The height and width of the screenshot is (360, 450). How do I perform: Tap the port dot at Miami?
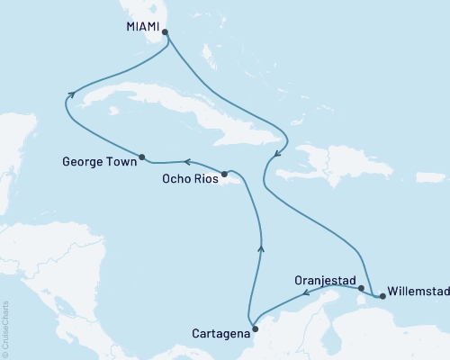[165, 31]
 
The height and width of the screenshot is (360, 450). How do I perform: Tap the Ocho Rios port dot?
[225, 171]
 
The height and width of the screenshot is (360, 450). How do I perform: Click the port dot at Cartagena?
[253, 316]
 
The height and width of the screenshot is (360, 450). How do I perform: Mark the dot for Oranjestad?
[361, 289]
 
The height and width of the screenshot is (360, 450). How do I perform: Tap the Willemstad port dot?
[382, 292]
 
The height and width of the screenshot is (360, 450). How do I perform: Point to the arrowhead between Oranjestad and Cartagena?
[306, 292]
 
